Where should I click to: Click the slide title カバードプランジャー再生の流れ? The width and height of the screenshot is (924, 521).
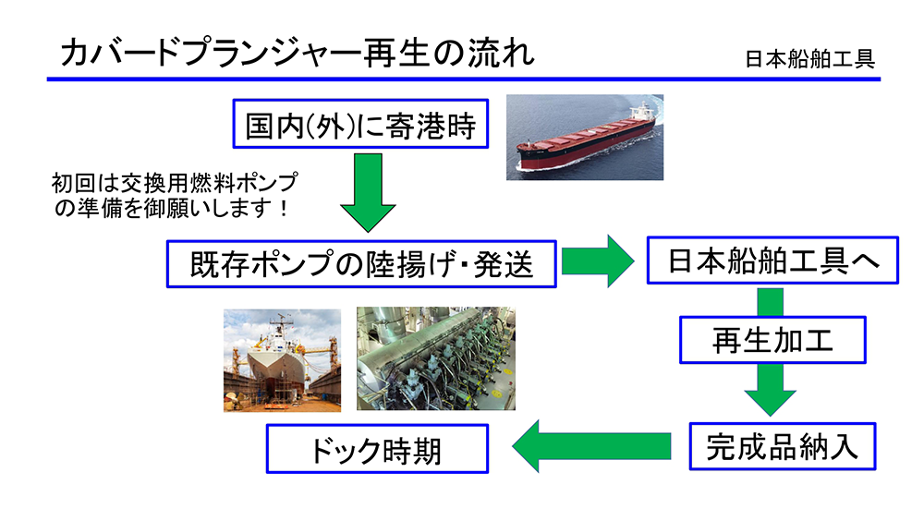pos(297,53)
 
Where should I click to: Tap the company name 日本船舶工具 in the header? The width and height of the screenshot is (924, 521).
pos(809,59)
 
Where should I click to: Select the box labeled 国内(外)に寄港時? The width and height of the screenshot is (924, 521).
pos(360,124)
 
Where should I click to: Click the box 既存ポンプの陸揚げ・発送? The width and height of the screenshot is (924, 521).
pos(361,264)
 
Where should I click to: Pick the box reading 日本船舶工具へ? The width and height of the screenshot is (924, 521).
pos(772,260)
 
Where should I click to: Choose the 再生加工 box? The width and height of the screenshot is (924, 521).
pos(772,340)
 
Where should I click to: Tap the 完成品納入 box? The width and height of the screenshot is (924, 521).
pos(783,446)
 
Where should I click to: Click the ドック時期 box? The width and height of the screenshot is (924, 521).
pos(377,449)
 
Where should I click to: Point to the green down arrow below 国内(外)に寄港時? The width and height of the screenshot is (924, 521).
pos(368,192)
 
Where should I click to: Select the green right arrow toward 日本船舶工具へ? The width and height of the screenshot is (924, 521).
pos(598,261)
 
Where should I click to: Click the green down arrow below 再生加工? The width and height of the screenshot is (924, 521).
pos(771,390)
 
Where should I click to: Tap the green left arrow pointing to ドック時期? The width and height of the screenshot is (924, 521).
pos(591,446)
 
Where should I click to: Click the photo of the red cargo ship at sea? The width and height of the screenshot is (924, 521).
pos(585,138)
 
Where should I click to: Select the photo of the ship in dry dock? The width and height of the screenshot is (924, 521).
pos(282,360)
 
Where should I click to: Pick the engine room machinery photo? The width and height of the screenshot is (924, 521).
pos(436,358)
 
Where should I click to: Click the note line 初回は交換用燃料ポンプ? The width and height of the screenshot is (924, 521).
pos(175,183)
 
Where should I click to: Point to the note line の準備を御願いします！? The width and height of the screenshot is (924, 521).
pos(172,208)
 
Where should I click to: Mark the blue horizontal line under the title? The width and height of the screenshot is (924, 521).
pos(464,79)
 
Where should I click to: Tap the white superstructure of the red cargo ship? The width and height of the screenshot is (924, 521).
pos(642,112)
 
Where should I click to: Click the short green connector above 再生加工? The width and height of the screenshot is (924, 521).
pos(771,302)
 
